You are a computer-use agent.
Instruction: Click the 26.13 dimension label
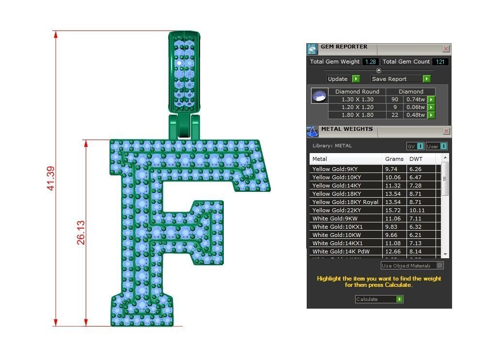(x=81, y=233)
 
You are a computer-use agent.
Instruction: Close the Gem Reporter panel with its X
(x=446, y=49)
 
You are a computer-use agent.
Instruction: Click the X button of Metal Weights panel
(x=446, y=131)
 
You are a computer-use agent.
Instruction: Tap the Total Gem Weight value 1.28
(x=371, y=62)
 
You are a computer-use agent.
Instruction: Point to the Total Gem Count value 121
(x=440, y=62)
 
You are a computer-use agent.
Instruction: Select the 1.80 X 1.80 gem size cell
(x=357, y=115)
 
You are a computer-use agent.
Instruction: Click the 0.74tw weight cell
(x=415, y=99)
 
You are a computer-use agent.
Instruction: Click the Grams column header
(x=394, y=159)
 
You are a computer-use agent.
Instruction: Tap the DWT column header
(x=415, y=159)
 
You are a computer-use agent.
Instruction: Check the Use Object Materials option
(x=439, y=266)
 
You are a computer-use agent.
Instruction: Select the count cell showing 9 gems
(x=395, y=107)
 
